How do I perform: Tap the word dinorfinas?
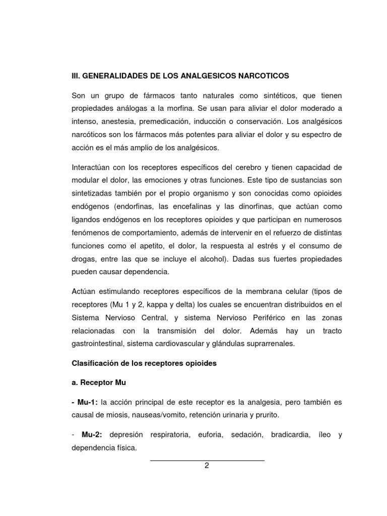coord(266,207)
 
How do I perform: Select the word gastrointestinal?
coord(98,344)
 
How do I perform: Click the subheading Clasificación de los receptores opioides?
coord(144,363)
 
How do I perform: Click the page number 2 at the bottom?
coord(207,466)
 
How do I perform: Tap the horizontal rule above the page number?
coord(207,460)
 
